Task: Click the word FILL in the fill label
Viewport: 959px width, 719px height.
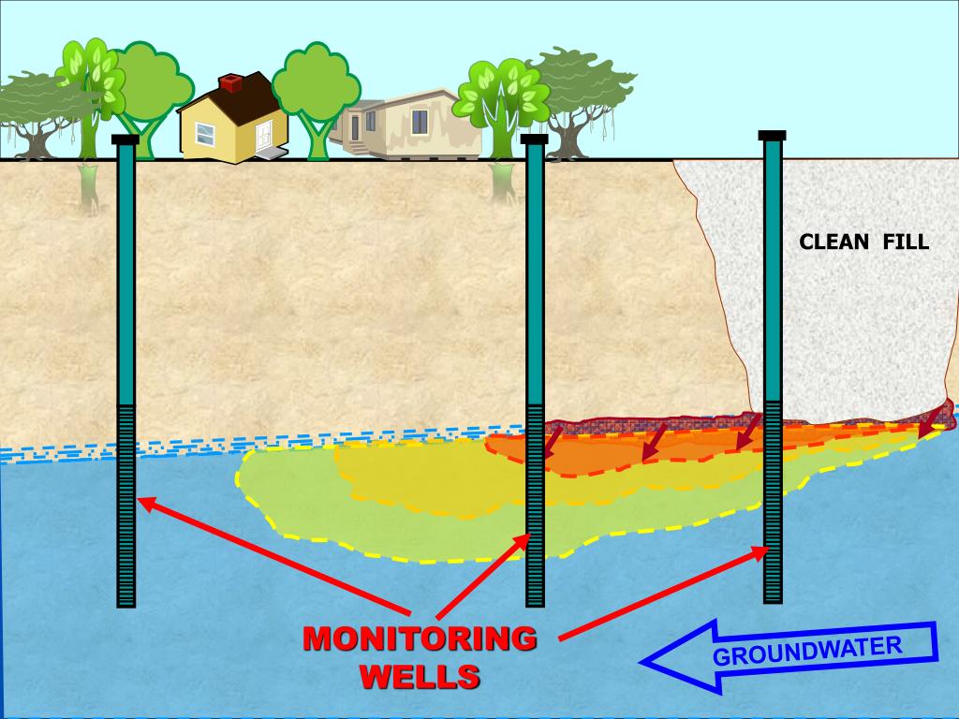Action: pos(906,242)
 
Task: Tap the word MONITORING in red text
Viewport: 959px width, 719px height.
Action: pos(420,640)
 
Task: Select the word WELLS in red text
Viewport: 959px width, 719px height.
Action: pos(420,676)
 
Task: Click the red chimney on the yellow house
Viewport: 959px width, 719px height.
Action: pos(229,84)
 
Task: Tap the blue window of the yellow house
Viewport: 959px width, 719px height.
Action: pos(204,134)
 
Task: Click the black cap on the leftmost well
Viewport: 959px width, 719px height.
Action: pos(125,140)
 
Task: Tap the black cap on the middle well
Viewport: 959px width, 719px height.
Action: pos(534,139)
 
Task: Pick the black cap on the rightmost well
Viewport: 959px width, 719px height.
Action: pos(773,136)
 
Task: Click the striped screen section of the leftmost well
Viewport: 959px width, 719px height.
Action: pos(125,506)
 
